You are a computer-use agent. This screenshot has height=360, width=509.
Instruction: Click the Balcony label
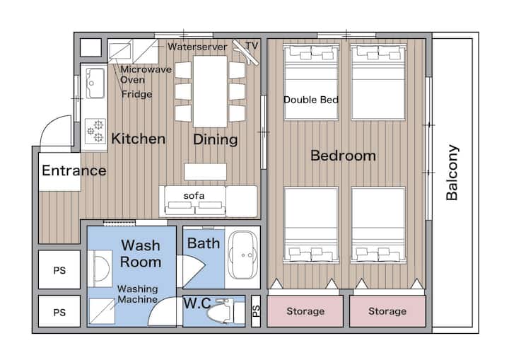click(x=452, y=173)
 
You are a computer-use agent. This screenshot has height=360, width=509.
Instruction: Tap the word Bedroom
click(x=343, y=156)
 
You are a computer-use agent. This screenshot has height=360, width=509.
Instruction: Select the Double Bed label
click(x=311, y=100)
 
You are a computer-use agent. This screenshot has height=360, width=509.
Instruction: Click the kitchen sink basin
click(x=95, y=83)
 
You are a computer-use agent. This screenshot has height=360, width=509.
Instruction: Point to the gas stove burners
click(x=95, y=130)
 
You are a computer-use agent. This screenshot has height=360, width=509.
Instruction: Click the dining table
click(x=210, y=92)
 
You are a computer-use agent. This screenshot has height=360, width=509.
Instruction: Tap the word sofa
click(x=194, y=196)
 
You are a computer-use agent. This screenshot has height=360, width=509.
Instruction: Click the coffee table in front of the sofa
click(x=205, y=172)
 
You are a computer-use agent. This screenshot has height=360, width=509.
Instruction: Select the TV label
click(x=252, y=46)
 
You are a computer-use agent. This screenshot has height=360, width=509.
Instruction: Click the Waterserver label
click(x=197, y=47)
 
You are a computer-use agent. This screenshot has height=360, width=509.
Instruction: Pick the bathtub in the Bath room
click(x=242, y=255)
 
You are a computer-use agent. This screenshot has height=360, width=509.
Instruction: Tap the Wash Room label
click(x=141, y=253)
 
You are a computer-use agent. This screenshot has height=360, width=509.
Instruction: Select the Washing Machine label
click(x=138, y=294)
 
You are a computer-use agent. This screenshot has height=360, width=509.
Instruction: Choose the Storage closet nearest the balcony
click(x=387, y=311)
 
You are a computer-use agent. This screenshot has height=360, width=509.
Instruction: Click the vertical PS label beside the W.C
click(x=256, y=311)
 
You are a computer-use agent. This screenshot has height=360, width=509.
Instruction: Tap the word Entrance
click(x=74, y=170)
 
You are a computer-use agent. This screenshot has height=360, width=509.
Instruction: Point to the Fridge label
click(x=136, y=94)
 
